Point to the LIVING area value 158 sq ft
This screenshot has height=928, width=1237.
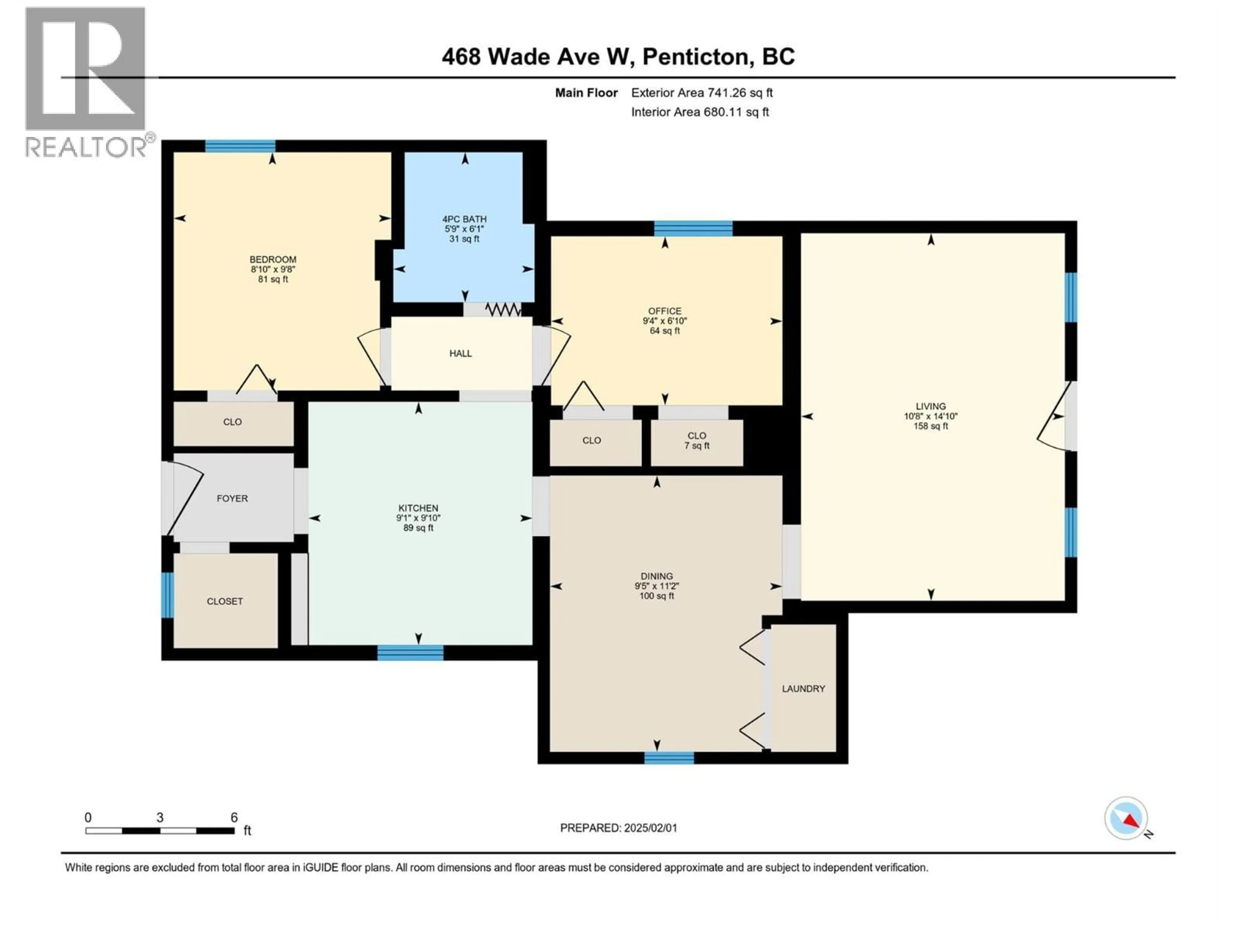coord(931,426)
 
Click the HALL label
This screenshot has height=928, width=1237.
coord(460,353)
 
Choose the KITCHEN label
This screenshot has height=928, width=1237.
coord(418,508)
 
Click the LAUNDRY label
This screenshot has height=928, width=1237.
coord(803,689)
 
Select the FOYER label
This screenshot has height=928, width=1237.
coord(232,498)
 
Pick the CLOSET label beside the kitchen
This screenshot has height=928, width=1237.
coord(225,601)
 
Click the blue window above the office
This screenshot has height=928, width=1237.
coord(694,228)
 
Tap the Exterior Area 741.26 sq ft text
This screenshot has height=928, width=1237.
coord(702,93)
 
